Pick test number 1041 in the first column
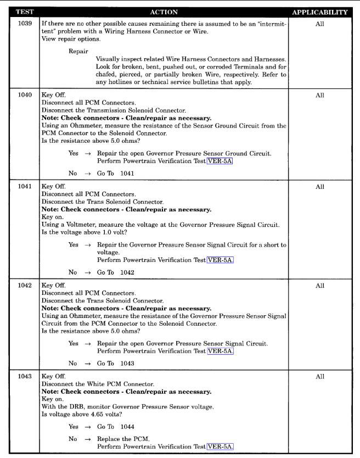[x=20, y=187]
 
